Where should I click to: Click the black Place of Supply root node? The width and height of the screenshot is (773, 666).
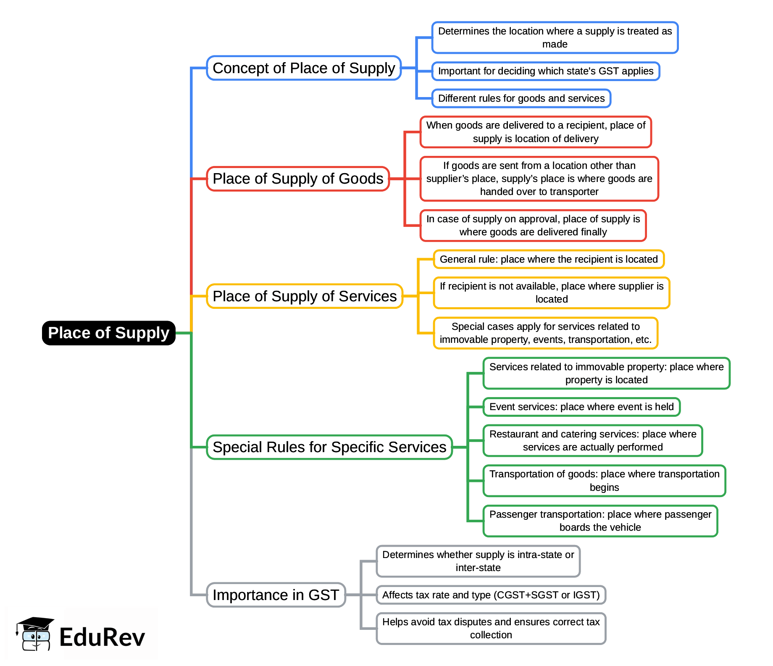pyautogui.click(x=108, y=333)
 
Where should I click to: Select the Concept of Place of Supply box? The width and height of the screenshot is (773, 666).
pyautogui.click(x=304, y=68)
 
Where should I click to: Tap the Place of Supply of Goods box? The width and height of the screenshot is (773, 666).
pyautogui.click(x=298, y=179)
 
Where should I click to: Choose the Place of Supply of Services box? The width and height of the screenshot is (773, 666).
pyautogui.click(x=305, y=296)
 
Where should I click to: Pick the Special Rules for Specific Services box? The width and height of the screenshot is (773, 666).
pyautogui.click(x=329, y=447)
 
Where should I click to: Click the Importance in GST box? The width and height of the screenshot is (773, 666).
pyautogui.click(x=276, y=595)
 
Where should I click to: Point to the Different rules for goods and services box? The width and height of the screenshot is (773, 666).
pyautogui.click(x=521, y=98)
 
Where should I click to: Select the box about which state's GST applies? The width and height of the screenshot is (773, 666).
pyautogui.click(x=546, y=71)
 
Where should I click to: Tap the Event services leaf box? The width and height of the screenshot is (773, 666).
pyautogui.click(x=581, y=407)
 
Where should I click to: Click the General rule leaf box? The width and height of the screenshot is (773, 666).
pyautogui.click(x=549, y=259)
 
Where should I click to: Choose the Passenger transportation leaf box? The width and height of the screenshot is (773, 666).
pyautogui.click(x=600, y=521)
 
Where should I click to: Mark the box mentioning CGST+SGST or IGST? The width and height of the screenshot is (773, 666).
pyautogui.click(x=491, y=595)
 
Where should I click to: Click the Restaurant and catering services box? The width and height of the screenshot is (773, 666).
pyautogui.click(x=593, y=440)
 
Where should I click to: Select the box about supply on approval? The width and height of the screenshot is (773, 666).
pyautogui.click(x=533, y=226)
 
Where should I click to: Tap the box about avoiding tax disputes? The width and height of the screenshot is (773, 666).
pyautogui.click(x=491, y=629)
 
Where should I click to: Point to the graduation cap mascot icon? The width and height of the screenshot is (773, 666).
pyautogui.click(x=34, y=634)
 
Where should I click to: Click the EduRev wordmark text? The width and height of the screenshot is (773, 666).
pyautogui.click(x=102, y=637)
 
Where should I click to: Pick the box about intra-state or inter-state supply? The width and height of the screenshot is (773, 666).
pyautogui.click(x=478, y=561)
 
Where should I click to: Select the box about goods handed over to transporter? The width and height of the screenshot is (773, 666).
pyautogui.click(x=539, y=179)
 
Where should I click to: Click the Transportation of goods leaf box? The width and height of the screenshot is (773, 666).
pyautogui.click(x=604, y=481)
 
